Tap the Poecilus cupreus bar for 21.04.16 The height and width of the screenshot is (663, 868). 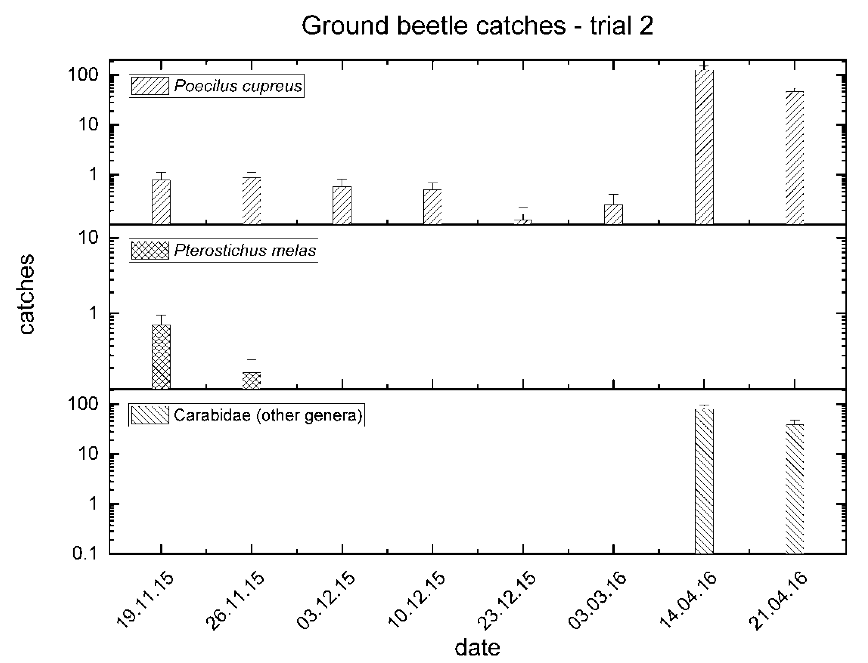[x=795, y=158]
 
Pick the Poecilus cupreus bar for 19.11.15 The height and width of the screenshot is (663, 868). [x=161, y=202]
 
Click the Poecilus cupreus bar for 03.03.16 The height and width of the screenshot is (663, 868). [x=614, y=214]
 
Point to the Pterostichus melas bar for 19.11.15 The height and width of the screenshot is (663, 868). [x=161, y=356]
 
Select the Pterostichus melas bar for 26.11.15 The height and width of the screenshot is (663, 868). [x=252, y=381]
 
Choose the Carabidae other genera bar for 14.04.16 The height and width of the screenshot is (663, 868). [x=704, y=481]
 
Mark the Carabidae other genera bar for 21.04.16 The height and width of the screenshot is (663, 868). [x=795, y=489]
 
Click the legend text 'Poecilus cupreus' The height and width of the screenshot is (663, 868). [x=238, y=86]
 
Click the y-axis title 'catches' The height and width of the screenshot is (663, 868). [x=27, y=294]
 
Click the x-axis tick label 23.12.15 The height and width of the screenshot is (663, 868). [x=507, y=601]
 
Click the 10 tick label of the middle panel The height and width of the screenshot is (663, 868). [x=88, y=238]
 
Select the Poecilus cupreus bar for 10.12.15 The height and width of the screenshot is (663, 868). [x=433, y=207]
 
